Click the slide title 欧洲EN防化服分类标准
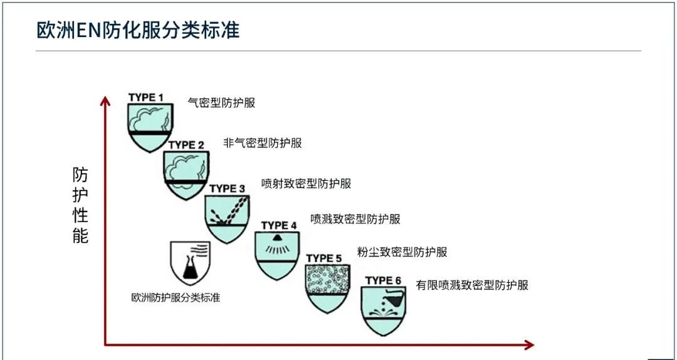(x=138, y=31)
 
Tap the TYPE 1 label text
(x=146, y=98)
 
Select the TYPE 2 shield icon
(x=186, y=175)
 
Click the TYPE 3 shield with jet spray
(x=227, y=219)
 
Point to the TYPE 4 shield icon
(x=277, y=255)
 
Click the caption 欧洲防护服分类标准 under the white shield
(x=176, y=298)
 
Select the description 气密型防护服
(x=221, y=102)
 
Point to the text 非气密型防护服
(x=263, y=143)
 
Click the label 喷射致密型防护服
(x=307, y=184)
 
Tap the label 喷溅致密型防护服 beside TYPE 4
(x=355, y=219)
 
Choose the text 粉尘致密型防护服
(x=402, y=252)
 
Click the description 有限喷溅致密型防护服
(x=473, y=285)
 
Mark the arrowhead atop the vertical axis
(x=105, y=101)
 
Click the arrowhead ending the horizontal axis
(x=529, y=344)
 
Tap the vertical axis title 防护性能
(x=80, y=206)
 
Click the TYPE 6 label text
(x=384, y=281)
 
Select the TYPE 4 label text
(x=279, y=226)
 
